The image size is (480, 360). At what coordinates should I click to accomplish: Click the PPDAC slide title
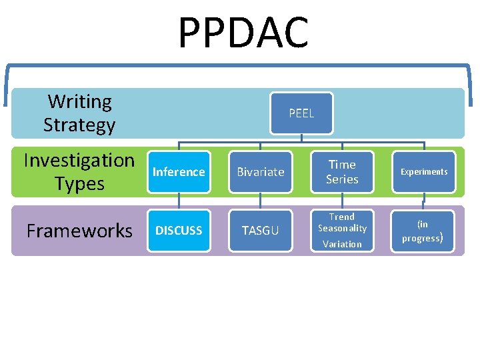tap(243, 33)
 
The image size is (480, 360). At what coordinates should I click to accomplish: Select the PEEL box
tap(301, 113)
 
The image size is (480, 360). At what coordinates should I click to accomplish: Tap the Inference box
tap(179, 172)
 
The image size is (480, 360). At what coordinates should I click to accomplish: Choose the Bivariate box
tap(261, 172)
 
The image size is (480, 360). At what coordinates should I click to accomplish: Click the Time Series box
tap(342, 172)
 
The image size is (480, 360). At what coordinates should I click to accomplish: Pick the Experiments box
tap(423, 172)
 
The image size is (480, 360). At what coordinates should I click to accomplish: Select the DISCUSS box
tap(179, 231)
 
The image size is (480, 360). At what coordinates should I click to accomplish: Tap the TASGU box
tap(261, 231)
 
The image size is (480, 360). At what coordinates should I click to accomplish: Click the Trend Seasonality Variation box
tap(342, 231)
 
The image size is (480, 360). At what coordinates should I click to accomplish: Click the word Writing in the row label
tap(80, 102)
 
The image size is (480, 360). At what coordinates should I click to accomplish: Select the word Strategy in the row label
tap(79, 125)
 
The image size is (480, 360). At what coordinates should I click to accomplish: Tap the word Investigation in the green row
tap(79, 161)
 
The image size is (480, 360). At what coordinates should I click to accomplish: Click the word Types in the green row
tap(79, 183)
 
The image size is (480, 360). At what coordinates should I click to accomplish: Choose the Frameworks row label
tap(79, 231)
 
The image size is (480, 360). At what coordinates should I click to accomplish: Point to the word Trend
tap(342, 217)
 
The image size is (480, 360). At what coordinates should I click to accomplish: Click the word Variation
tap(342, 244)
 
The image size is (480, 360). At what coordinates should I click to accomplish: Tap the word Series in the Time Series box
tap(342, 179)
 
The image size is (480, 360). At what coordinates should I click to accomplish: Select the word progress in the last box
tap(421, 238)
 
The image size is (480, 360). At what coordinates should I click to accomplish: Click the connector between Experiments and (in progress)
tap(423, 202)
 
